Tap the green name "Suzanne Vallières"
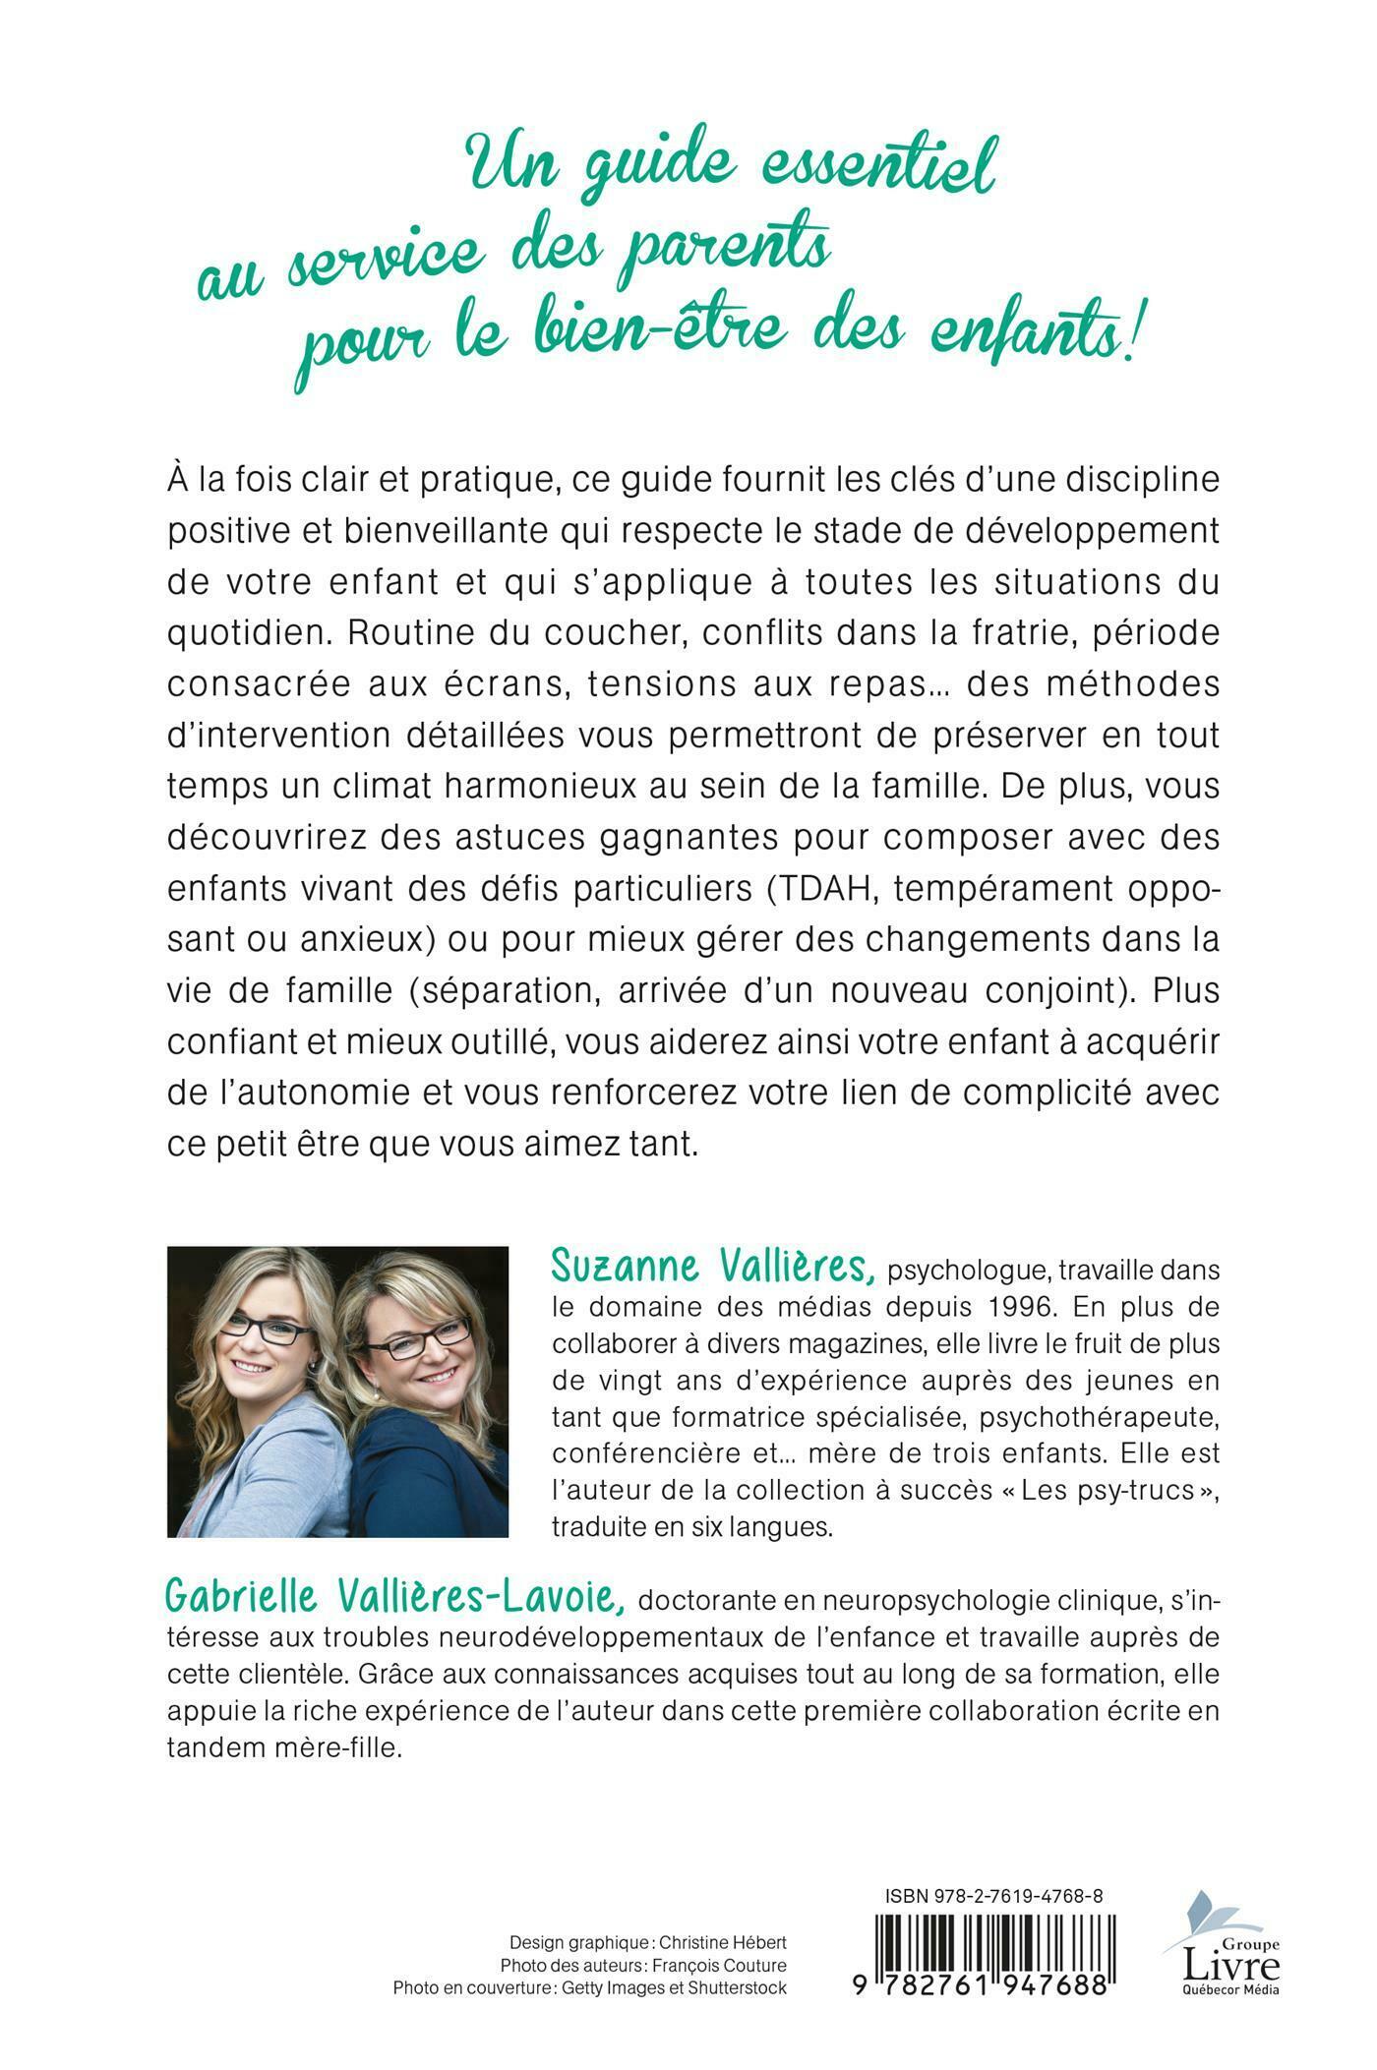(712, 1268)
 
